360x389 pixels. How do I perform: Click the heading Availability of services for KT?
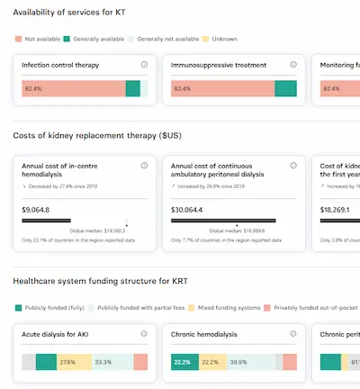click(69, 10)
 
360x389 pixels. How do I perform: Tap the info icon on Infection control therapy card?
click(144, 65)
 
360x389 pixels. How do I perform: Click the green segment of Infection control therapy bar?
click(132, 88)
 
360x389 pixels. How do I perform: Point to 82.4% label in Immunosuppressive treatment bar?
click(182, 88)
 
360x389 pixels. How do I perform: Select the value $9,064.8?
click(37, 209)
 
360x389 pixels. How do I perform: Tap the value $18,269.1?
click(336, 209)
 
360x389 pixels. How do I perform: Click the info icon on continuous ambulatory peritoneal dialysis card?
click(293, 166)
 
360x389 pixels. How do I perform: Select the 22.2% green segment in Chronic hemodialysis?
click(182, 362)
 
